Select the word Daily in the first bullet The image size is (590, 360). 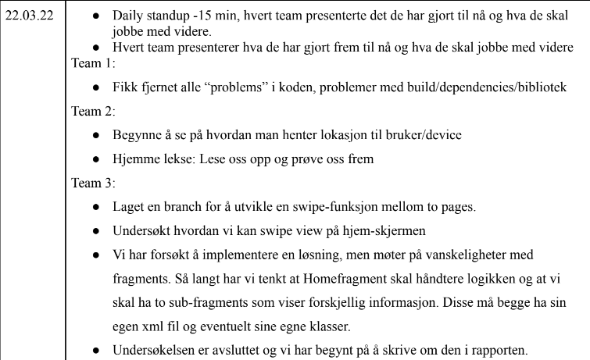[128, 16]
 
